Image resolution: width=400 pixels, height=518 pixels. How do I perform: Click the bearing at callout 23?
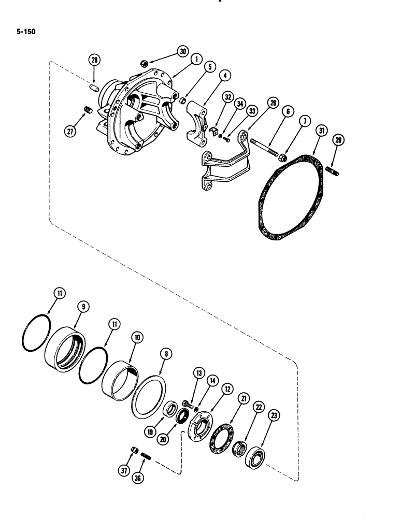point(255,458)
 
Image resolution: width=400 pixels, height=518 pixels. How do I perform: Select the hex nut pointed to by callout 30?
point(143,63)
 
